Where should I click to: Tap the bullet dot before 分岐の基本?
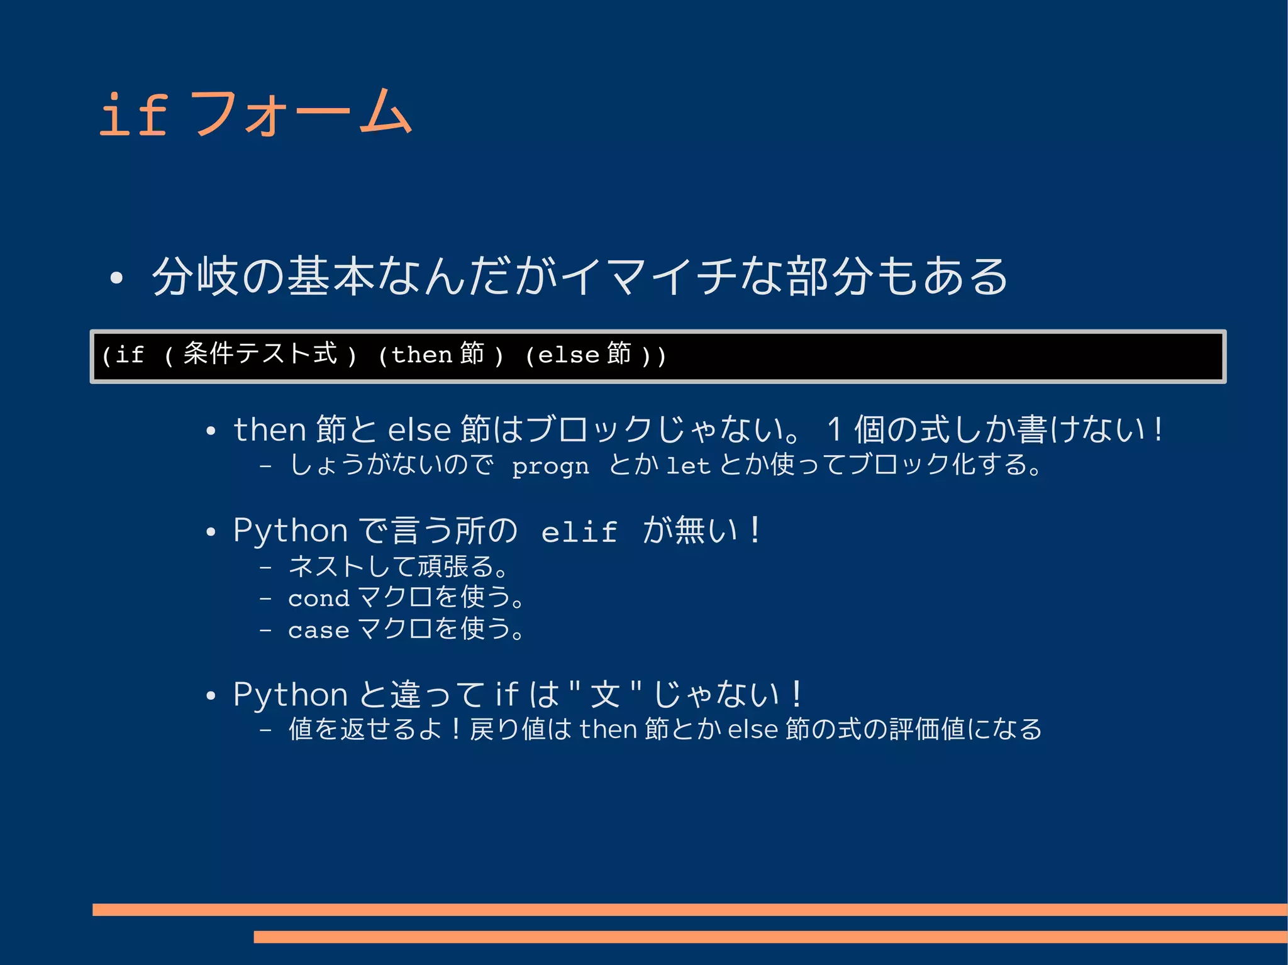[116, 278]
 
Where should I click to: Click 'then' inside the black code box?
[422, 355]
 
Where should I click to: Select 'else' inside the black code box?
[569, 355]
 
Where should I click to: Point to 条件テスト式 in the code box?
[260, 354]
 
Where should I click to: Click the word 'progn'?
[550, 466]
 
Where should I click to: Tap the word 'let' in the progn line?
[688, 466]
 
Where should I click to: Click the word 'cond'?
[318, 598]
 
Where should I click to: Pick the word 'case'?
[318, 630]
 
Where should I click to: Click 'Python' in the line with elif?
[290, 531]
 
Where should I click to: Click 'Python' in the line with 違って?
[290, 695]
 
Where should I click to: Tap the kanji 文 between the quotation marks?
[605, 695]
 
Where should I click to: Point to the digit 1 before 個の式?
[834, 431]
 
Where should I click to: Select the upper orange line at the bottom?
[689, 909]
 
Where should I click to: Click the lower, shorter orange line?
[770, 937]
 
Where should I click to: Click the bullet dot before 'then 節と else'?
[211, 431]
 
